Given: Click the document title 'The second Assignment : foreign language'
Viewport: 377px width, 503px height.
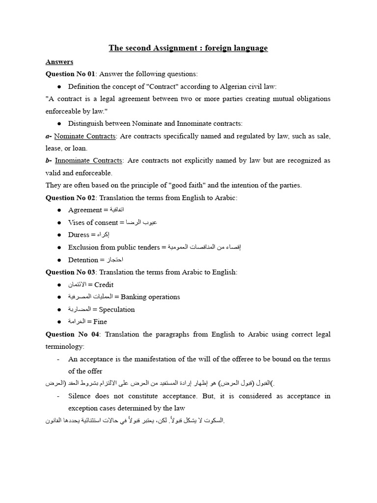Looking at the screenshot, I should click(188, 48).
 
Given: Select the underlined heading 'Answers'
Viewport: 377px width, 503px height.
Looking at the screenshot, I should click(59, 61).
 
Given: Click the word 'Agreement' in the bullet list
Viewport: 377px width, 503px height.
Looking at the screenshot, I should click(85, 210).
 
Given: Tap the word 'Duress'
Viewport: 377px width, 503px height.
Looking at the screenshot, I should click(79, 235).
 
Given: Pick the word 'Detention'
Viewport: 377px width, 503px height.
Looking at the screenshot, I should click(83, 260).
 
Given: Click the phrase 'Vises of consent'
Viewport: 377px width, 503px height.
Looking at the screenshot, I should click(93, 223).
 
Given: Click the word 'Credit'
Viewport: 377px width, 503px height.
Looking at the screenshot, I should click(104, 284).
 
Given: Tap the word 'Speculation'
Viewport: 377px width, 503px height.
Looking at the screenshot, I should click(117, 309).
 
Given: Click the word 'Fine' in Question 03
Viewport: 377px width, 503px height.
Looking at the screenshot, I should click(100, 322).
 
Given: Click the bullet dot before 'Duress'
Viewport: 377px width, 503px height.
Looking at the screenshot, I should click(59, 235).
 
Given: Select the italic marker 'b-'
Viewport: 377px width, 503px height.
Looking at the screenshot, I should click(49, 161).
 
